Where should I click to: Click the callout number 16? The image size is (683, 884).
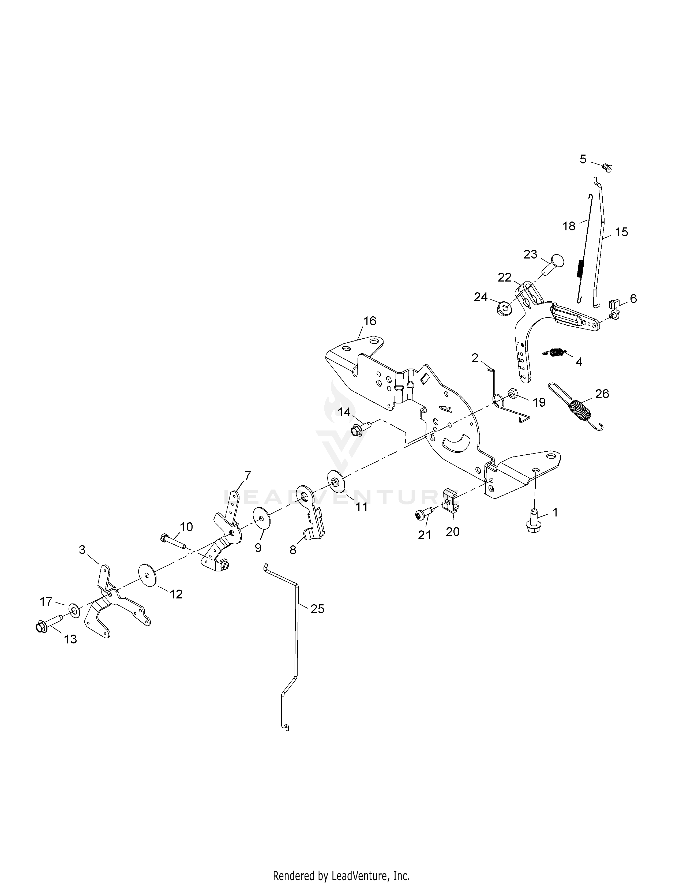[x=369, y=321]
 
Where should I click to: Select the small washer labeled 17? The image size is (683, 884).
[x=74, y=609]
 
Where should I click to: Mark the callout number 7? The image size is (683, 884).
[x=247, y=475]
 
